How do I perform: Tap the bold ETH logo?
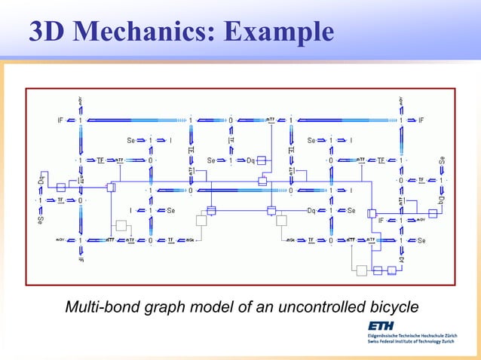[x=384, y=325]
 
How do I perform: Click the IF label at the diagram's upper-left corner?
[x=60, y=119]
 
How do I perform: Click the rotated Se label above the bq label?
[x=441, y=160]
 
